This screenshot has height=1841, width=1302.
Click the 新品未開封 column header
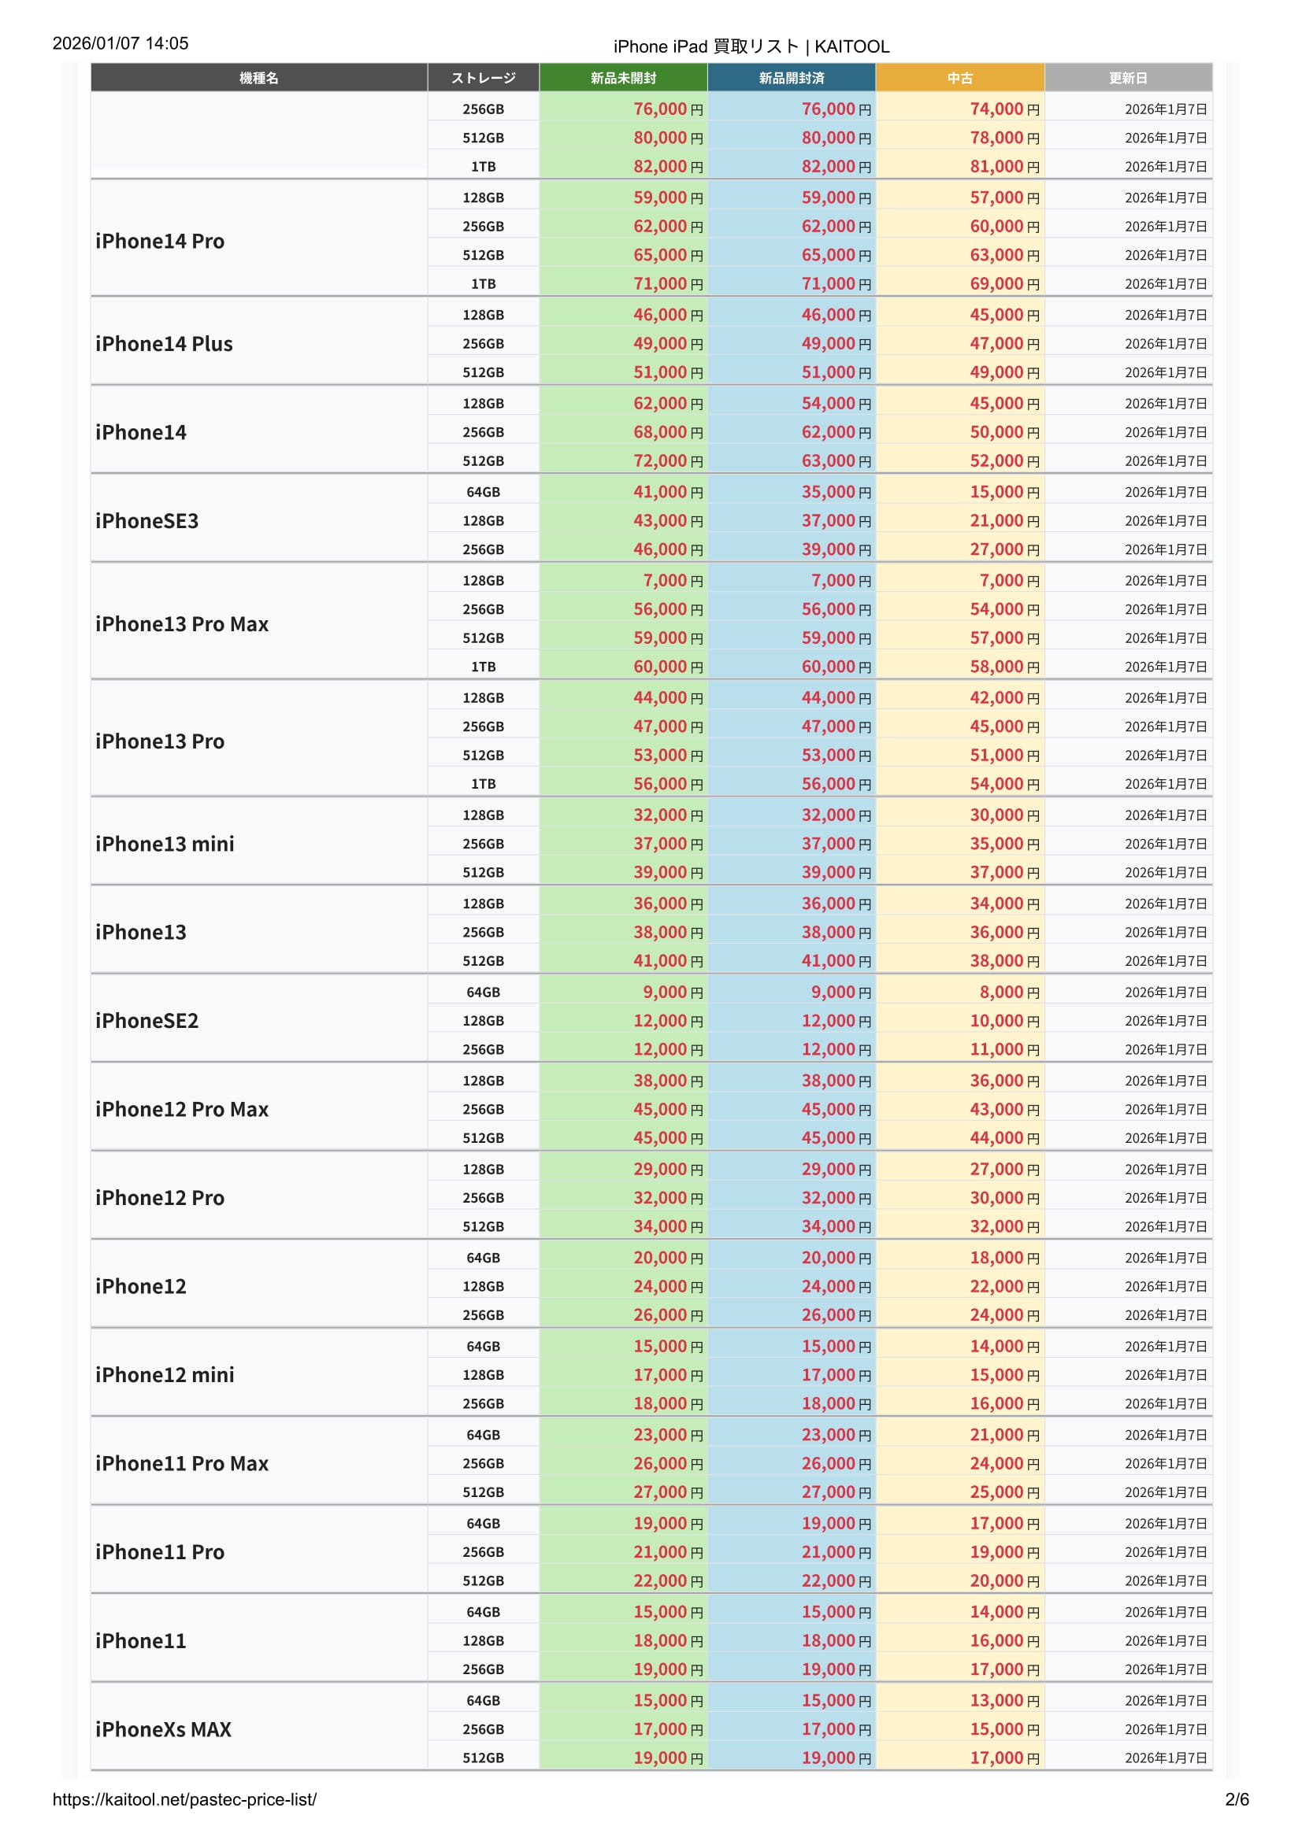click(622, 78)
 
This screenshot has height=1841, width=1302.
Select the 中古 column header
click(959, 78)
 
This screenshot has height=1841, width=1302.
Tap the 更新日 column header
click(1127, 78)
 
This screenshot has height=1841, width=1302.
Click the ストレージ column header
click(483, 78)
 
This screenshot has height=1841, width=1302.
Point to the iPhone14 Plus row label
click(164, 344)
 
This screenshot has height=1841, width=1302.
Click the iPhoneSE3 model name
click(147, 521)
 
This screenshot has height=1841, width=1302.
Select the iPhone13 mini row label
click(165, 844)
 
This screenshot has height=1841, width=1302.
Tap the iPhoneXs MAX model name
click(163, 1729)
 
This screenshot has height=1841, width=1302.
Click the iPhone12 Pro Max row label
click(181, 1109)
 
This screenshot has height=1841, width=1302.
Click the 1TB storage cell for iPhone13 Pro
click(483, 784)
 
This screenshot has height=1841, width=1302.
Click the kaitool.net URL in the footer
click(184, 1799)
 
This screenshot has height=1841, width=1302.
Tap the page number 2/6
click(1236, 1799)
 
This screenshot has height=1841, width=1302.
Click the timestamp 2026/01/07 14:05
click(121, 43)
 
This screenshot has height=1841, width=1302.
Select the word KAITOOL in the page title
click(852, 46)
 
